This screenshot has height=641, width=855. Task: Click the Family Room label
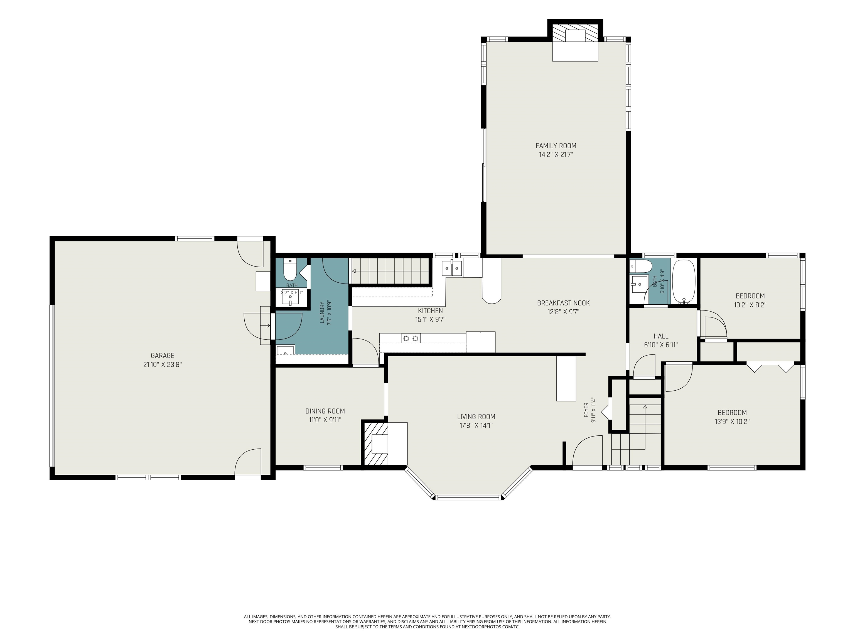(556, 146)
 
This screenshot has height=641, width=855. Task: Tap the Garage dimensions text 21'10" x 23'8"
(162, 364)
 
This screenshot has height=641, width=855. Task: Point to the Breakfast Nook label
(563, 303)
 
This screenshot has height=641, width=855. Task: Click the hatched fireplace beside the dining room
(375, 443)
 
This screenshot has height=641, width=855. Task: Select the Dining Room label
(325, 411)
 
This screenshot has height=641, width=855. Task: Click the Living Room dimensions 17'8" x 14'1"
(476, 425)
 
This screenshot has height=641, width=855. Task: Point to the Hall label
(661, 336)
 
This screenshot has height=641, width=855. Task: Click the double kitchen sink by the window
(452, 268)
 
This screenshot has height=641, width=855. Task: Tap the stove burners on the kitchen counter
(411, 339)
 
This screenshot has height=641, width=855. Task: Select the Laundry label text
(322, 313)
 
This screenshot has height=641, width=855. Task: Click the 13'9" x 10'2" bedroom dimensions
(732, 421)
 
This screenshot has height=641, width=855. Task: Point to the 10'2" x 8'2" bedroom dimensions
(750, 304)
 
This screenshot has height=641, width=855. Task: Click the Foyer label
(586, 410)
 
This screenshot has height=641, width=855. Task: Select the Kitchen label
(430, 311)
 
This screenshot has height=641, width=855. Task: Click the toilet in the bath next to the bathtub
(641, 266)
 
